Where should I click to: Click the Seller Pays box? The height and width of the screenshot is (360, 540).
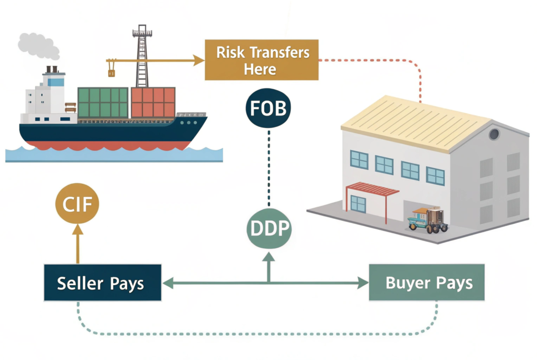(102, 283)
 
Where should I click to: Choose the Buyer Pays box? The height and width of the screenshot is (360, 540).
(426, 283)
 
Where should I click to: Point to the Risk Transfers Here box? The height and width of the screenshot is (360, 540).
(262, 61)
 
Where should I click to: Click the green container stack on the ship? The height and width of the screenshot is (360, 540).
(103, 102)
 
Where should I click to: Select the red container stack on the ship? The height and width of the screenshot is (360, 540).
(153, 102)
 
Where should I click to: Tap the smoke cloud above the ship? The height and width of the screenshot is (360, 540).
(38, 45)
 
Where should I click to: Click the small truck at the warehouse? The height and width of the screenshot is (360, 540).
(428, 220)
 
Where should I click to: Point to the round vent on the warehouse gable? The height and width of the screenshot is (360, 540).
(494, 134)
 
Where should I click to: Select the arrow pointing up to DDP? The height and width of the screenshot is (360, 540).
(269, 264)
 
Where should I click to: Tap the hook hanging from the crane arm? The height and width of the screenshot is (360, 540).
(111, 70)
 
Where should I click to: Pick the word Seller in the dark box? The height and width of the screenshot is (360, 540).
(81, 283)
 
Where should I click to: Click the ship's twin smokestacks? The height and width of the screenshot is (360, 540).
(52, 70)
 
